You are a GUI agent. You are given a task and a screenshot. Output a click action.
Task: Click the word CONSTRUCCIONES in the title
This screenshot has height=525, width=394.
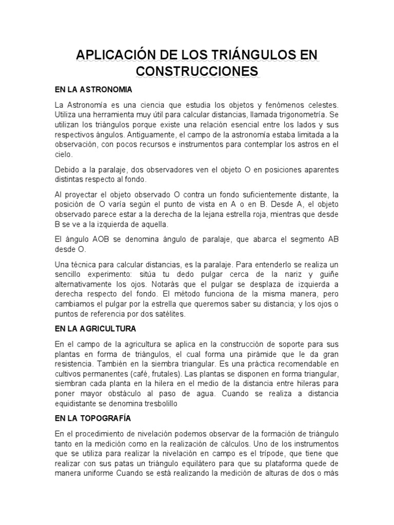coord(198,71)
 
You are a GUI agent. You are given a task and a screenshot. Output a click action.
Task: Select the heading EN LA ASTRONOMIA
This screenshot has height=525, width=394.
coord(93,90)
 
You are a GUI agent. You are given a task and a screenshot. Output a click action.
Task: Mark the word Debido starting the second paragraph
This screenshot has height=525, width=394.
coord(67,170)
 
